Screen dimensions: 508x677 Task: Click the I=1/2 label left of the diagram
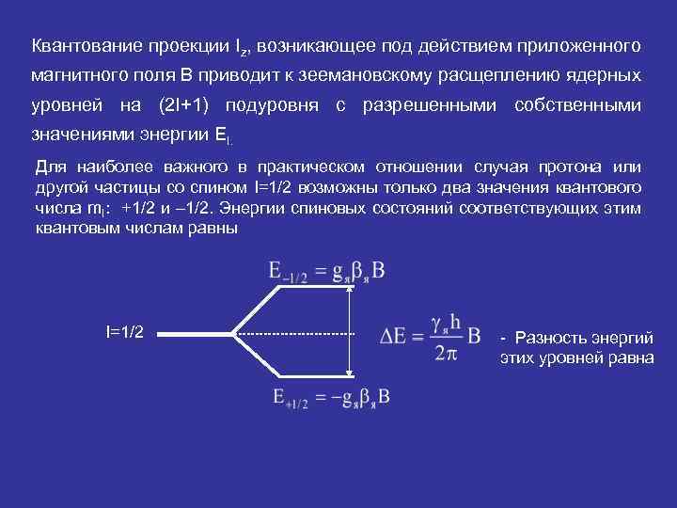click(x=124, y=332)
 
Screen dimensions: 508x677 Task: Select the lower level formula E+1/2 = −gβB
click(x=329, y=398)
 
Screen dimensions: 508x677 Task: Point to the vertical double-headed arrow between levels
click(x=350, y=334)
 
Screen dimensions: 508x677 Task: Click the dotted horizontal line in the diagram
click(x=293, y=334)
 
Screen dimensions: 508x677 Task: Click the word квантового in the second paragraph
click(x=601, y=188)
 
